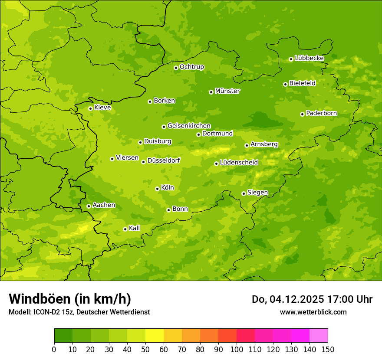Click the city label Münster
227,91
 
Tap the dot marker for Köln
157,189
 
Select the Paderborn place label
321,113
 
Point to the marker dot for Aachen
89,206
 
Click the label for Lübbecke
309,58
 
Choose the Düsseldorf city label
164,160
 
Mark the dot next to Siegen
244,193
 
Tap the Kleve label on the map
102,108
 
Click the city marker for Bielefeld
285,84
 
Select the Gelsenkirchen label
189,126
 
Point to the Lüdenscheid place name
239,163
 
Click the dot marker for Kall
125,229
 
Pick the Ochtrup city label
191,67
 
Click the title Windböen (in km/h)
70,299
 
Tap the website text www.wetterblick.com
313,312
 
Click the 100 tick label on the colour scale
237,349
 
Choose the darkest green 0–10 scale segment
63,336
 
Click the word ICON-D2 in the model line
43,312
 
